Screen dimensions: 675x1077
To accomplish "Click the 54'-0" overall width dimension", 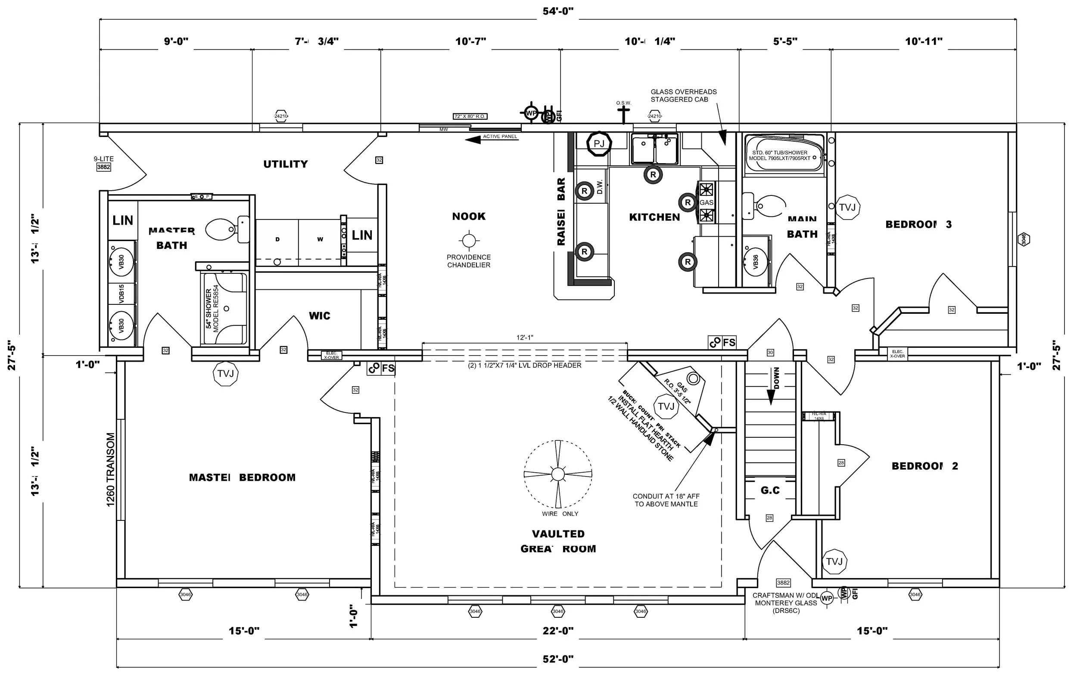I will tap(557, 11).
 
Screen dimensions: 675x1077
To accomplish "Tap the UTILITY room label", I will tap(286, 164).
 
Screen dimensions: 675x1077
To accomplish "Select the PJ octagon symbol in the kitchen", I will tap(598, 144).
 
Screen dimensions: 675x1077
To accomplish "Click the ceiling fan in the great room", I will tap(558, 474).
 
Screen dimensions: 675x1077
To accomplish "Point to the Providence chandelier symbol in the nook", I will tap(468, 241).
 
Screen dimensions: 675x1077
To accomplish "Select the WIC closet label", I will tap(319, 316).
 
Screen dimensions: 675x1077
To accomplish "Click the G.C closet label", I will tap(770, 491).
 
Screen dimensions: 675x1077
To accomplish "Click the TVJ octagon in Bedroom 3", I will tap(847, 207).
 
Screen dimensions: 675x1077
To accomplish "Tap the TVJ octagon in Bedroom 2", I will tap(834, 561).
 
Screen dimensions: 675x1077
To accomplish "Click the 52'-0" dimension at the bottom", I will tap(557, 659).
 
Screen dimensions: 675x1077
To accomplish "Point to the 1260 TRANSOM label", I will tap(110, 470).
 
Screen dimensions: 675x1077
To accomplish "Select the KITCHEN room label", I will tap(654, 217).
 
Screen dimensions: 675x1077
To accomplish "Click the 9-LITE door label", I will tap(104, 159).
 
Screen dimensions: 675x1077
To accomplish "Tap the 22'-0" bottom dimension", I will tap(557, 631).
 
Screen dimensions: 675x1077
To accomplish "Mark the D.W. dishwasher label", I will tap(600, 186).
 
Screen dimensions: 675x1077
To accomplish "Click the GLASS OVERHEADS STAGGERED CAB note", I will tap(683, 96).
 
